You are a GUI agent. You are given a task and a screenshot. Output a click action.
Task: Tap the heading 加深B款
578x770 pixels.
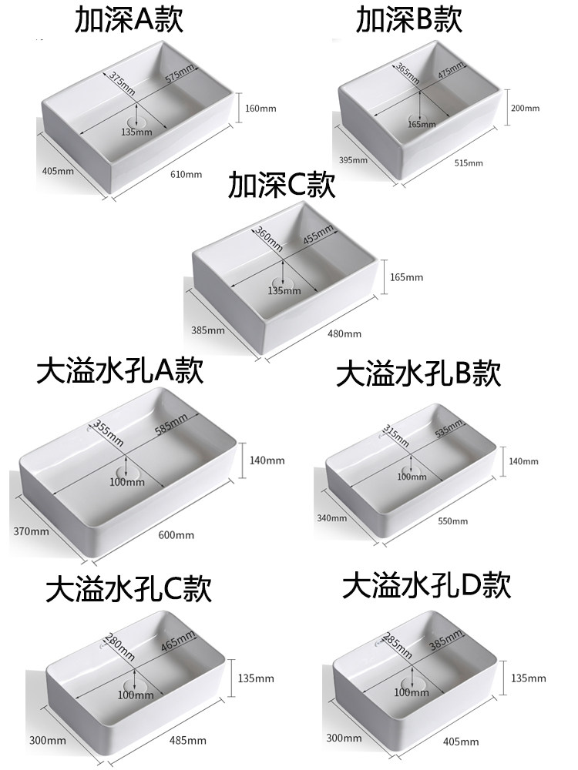coord(408,21)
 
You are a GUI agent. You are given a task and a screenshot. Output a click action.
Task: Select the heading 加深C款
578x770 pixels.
coord(282,188)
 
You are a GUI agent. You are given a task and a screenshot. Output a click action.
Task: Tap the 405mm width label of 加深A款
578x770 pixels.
coord(58,171)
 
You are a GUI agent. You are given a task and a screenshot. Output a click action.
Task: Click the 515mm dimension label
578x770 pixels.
coord(469,162)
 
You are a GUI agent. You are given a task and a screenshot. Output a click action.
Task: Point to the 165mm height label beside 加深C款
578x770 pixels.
coord(407,277)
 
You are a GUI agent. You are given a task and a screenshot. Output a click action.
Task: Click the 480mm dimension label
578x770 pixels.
coord(344,333)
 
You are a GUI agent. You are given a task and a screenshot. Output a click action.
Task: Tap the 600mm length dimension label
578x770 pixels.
coord(176,534)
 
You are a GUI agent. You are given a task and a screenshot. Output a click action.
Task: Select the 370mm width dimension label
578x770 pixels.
coord(32,531)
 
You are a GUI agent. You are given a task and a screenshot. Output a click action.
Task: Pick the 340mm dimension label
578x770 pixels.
coord(332,517)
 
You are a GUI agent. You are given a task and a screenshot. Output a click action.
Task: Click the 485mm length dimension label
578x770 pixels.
coord(187,741)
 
